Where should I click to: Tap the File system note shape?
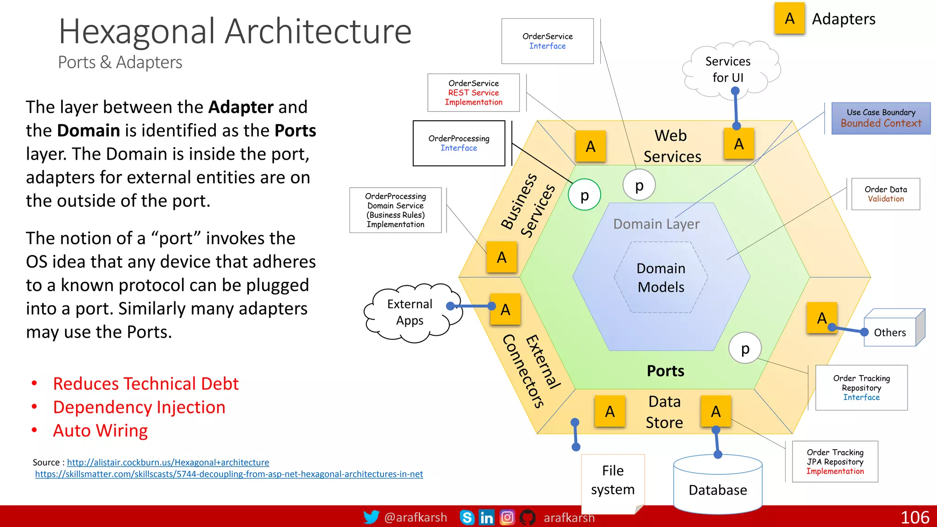613,480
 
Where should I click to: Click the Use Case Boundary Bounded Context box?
881,118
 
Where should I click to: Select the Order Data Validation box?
885,194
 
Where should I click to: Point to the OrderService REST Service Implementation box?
474,93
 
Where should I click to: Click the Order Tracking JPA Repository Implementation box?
835,462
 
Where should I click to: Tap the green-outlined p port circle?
584,195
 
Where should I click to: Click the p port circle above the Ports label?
745,348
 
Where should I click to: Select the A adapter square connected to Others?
822,318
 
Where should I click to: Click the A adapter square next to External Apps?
505,310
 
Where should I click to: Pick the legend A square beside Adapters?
789,18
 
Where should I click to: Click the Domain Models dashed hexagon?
661,277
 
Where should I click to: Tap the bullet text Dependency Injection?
139,407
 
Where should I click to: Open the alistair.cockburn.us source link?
168,462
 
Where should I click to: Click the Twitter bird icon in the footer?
371,517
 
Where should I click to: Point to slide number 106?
915,517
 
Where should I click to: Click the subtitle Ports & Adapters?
120,62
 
